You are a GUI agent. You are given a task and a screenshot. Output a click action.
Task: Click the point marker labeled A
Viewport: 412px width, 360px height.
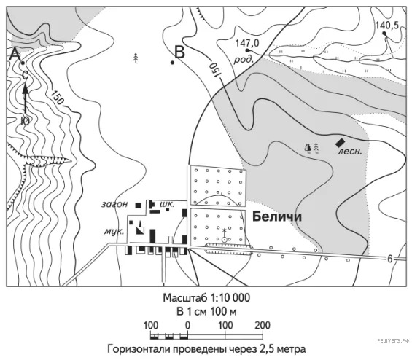[23, 63]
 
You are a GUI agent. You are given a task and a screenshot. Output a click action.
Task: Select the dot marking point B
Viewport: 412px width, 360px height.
[172, 63]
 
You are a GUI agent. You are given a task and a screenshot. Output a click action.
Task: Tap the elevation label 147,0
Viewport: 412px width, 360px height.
[247, 43]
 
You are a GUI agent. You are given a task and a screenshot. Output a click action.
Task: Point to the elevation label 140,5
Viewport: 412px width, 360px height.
[386, 26]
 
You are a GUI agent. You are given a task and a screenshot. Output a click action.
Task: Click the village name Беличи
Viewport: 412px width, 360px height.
[277, 217]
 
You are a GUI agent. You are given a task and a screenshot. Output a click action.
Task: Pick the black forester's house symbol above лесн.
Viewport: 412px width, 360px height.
[341, 143]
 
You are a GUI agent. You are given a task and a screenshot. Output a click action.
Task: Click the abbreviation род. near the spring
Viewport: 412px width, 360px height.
[244, 60]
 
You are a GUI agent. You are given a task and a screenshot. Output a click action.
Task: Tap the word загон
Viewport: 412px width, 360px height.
[114, 204]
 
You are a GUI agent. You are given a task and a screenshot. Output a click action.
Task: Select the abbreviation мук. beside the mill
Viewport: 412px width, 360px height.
[114, 231]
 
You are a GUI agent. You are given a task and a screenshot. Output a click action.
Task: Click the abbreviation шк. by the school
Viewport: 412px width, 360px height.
[167, 204]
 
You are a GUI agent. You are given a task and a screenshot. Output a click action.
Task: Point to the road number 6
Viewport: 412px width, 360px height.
[389, 259]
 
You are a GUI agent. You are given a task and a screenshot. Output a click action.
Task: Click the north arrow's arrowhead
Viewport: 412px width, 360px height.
[26, 89]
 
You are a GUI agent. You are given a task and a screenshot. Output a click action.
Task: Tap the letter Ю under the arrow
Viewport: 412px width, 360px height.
[25, 121]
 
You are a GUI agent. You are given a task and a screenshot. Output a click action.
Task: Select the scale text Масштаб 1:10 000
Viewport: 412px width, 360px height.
[206, 298]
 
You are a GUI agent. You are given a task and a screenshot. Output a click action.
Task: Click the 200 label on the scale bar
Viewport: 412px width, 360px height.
[263, 325]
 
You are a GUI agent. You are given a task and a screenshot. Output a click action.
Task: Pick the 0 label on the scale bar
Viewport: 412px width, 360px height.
[187, 325]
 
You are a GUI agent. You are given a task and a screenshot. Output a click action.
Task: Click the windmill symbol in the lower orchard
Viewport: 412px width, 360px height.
[224, 235]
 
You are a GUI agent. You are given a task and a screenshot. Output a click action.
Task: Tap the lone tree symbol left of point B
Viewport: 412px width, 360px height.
[136, 58]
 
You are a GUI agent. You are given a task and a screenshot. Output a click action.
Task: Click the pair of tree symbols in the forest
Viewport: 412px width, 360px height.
[312, 149]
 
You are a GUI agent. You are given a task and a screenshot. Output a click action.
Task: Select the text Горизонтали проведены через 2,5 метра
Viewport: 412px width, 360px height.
[206, 350]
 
